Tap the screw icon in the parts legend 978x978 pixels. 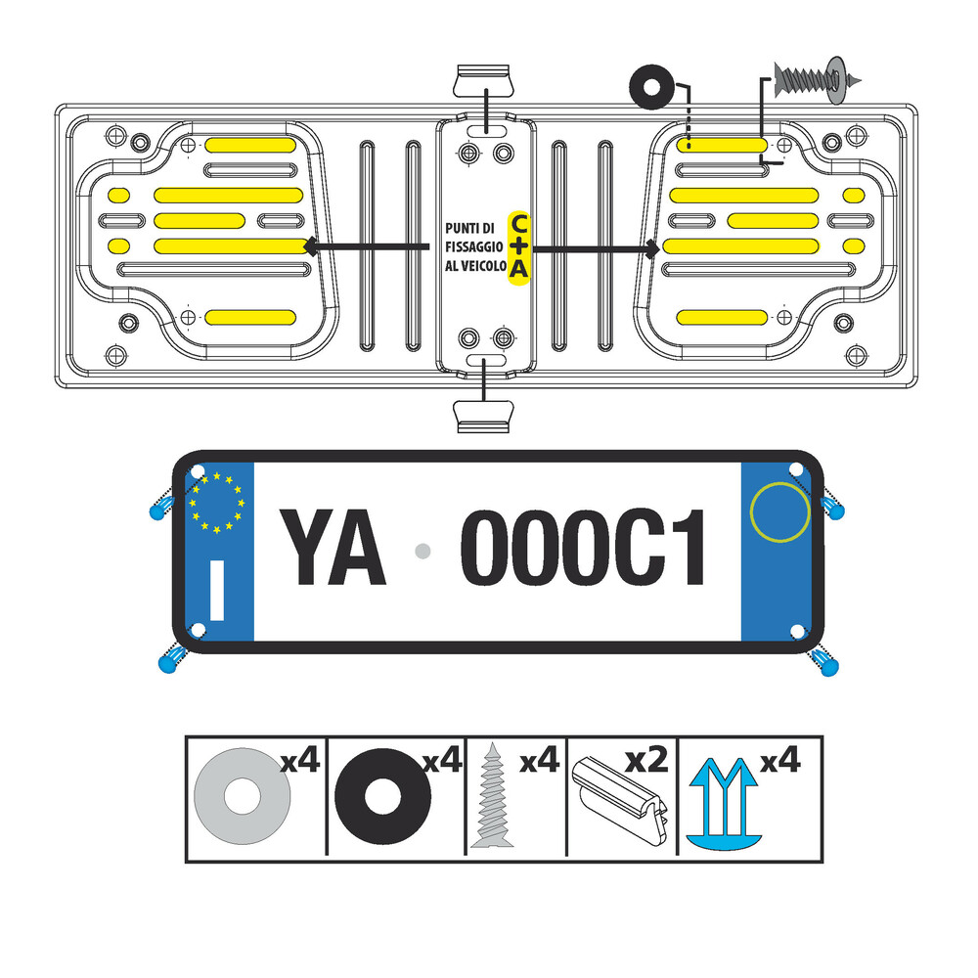pyautogui.click(x=493, y=794)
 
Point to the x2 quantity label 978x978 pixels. pyautogui.click(x=646, y=760)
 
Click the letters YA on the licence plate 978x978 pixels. pyautogui.click(x=333, y=547)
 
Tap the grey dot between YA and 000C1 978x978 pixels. pyautogui.click(x=422, y=551)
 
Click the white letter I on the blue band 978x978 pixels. pyautogui.click(x=217, y=590)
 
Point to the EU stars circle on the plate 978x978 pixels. pyautogui.click(x=216, y=502)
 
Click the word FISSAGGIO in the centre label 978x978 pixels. pyautogui.click(x=474, y=247)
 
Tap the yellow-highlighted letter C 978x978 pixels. pyautogui.click(x=519, y=222)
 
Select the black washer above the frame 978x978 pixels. pyautogui.click(x=651, y=87)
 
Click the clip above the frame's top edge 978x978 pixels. pyautogui.click(x=484, y=80)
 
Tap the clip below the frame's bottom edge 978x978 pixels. pyautogui.click(x=483, y=417)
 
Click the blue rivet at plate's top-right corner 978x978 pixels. pyautogui.click(x=831, y=504)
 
